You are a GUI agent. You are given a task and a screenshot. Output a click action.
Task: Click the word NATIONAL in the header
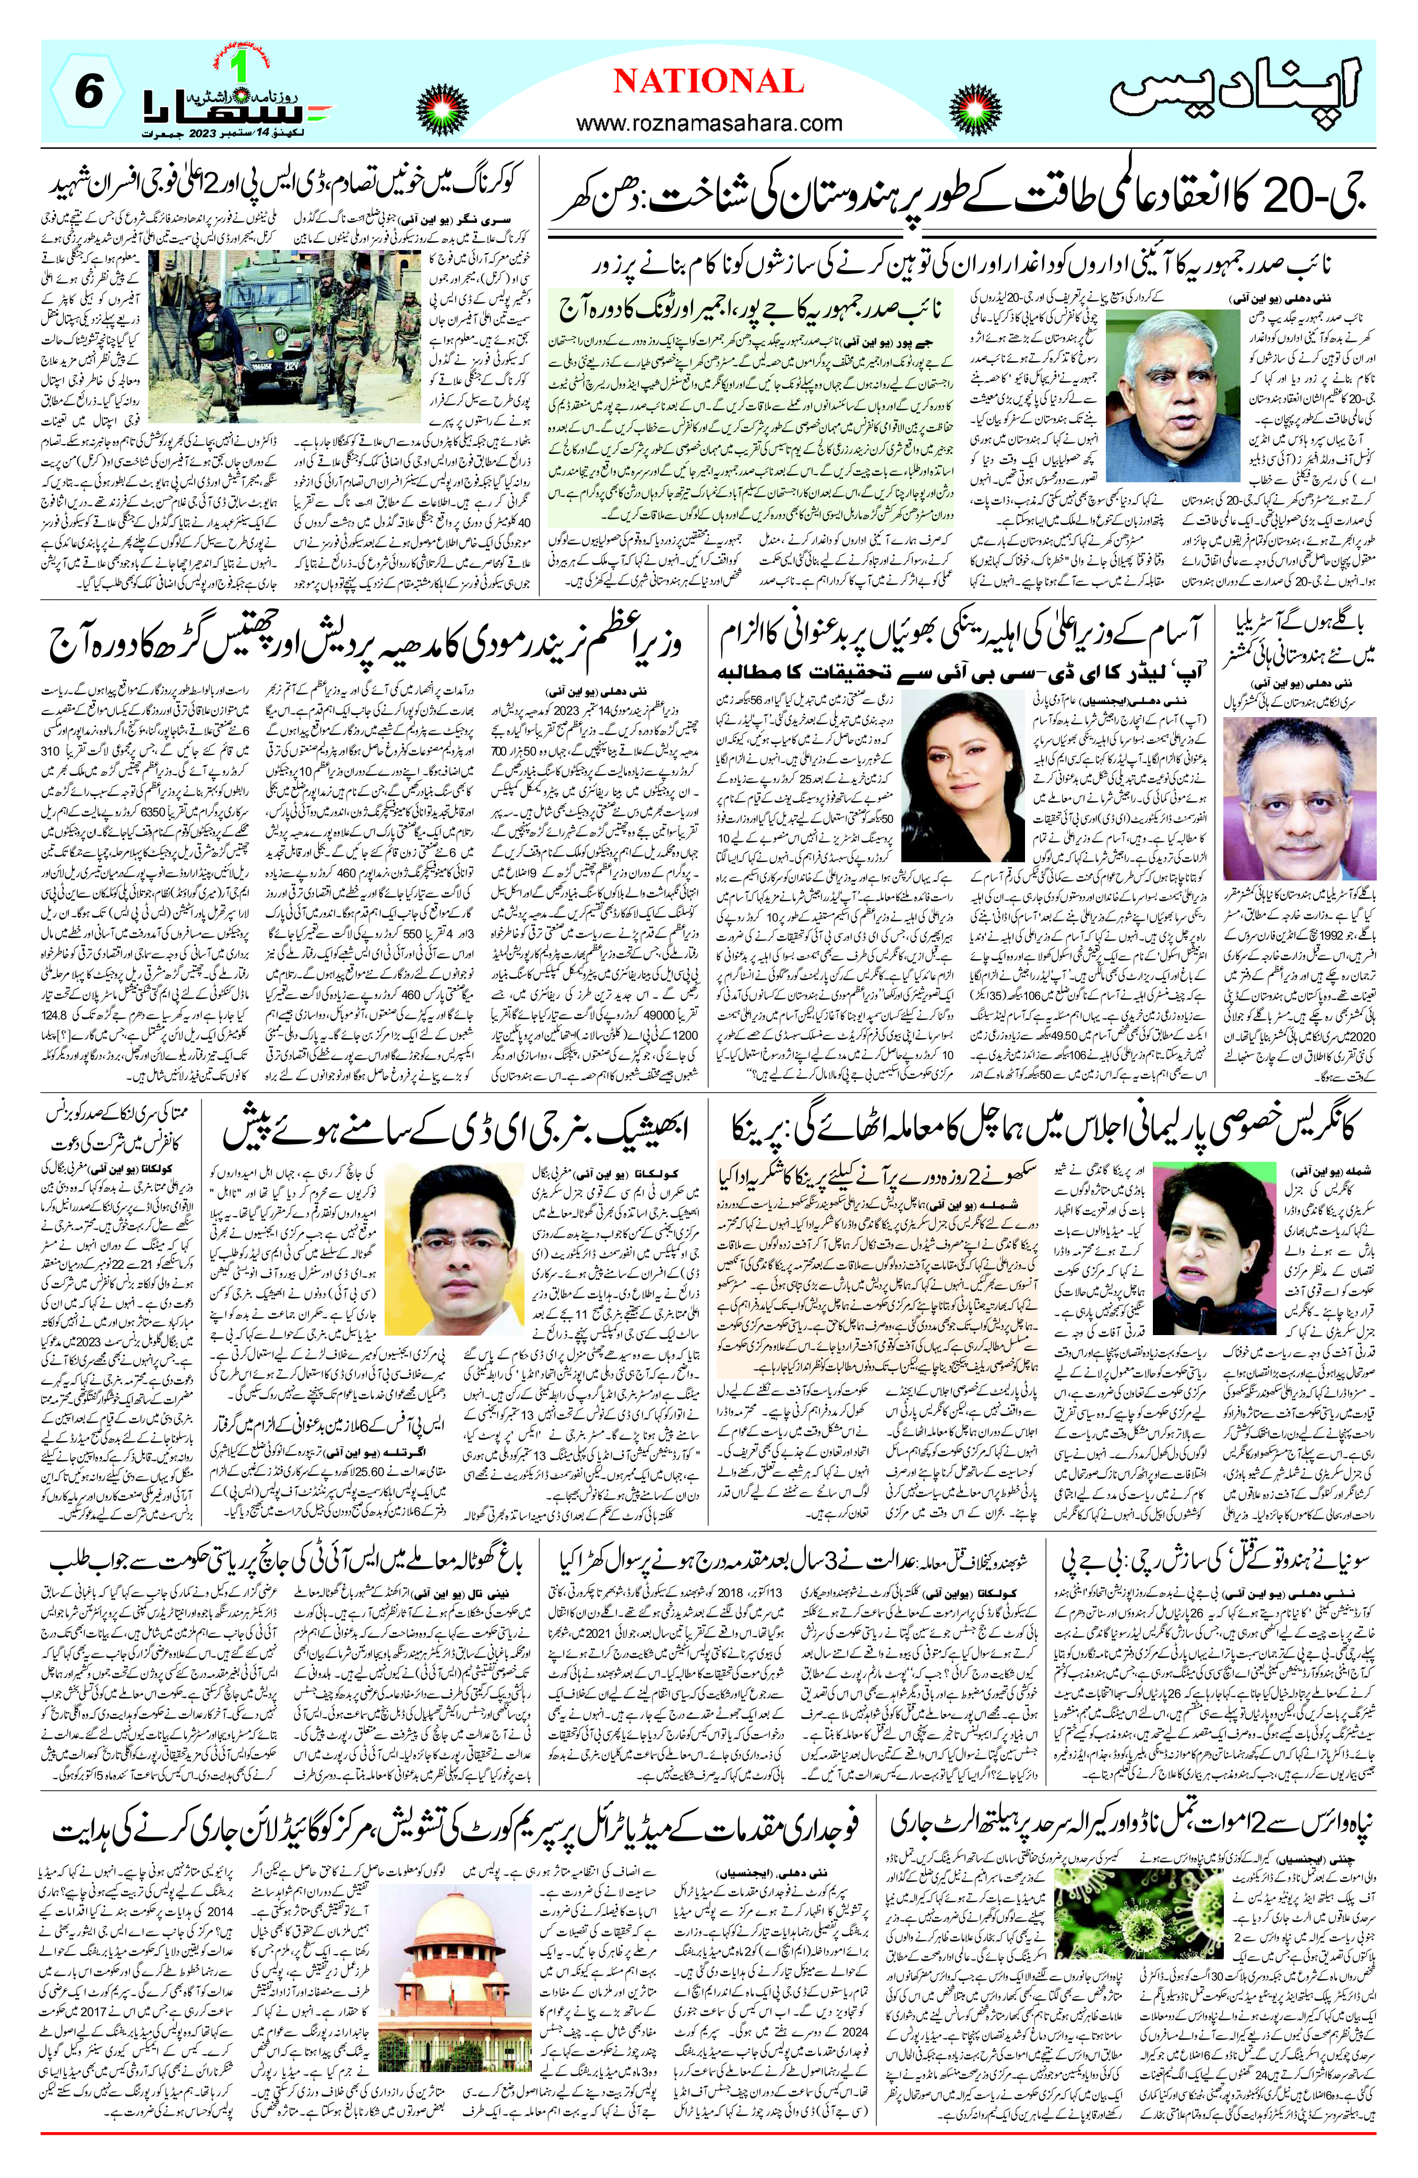pyautogui.click(x=708, y=82)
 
